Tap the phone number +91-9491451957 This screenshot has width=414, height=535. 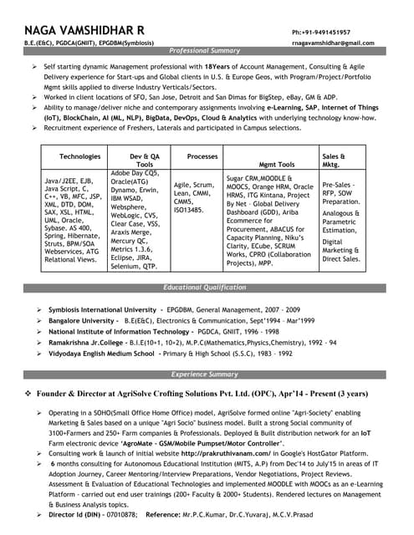point(321,31)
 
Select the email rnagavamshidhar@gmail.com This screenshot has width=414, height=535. point(333,42)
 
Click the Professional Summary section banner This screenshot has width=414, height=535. point(205,51)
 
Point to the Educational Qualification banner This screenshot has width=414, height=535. point(205,288)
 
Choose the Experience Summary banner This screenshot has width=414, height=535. point(205,374)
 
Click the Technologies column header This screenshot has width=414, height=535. point(80,156)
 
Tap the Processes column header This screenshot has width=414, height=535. point(202,156)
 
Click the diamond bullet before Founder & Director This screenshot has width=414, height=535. point(28,393)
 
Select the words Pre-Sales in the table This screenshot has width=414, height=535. point(338,184)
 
